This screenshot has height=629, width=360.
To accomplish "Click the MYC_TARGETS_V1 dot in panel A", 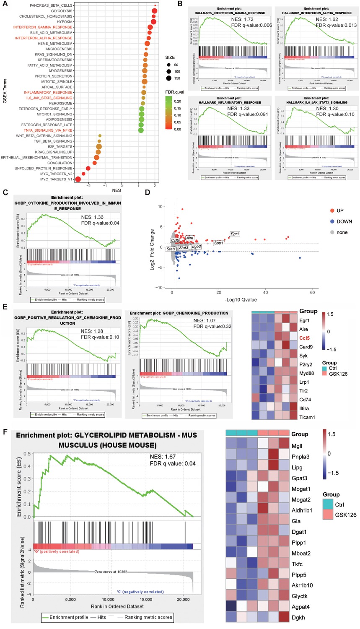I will [x=78, y=179].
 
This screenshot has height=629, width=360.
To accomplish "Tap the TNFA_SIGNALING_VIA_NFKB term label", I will [x=48, y=130].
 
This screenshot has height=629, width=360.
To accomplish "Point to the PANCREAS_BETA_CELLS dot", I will [x=155, y=5].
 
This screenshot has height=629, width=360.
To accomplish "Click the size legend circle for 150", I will [x=168, y=78].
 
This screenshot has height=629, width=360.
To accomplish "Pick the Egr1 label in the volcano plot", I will [x=235, y=234].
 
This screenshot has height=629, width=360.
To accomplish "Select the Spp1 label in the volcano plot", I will [x=219, y=243].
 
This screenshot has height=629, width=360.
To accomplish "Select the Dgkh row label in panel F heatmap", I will [x=298, y=618].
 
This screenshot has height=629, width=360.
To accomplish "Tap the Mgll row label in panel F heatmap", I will [x=297, y=446].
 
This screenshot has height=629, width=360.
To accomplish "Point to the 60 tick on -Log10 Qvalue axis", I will [x=312, y=292].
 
